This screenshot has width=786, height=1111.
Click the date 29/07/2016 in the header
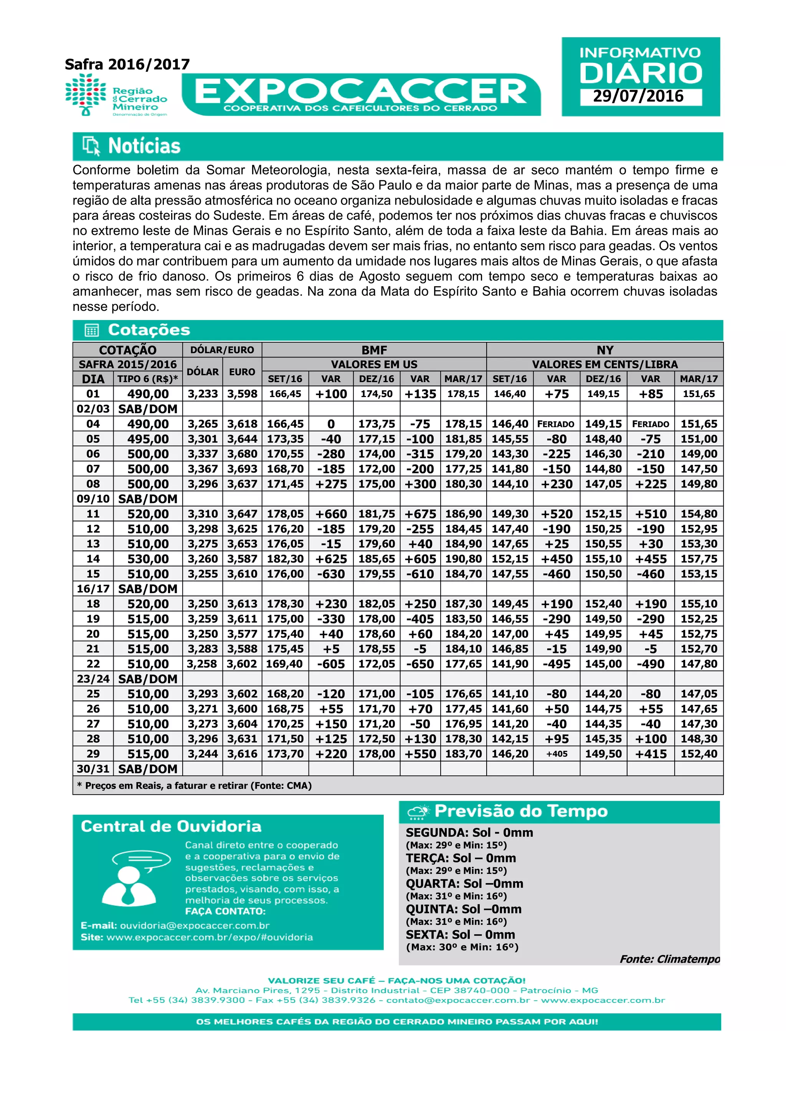coord(638,96)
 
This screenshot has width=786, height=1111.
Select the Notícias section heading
coord(144,146)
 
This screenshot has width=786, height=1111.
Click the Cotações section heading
coord(149,330)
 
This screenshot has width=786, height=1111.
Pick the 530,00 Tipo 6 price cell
coord(148,559)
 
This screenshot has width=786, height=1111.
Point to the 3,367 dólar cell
coord(203,469)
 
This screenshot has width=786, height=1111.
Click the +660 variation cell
coord(331,514)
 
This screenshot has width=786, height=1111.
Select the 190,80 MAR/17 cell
coord(463,559)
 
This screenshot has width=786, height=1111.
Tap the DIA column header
coord(93,379)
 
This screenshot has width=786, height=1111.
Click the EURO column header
coord(242,372)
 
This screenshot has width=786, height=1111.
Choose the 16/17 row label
coord(93,589)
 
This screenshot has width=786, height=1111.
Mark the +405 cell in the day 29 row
coord(556,754)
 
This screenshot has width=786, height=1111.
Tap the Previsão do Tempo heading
coord(521,811)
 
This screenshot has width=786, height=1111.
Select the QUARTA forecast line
coord(464,884)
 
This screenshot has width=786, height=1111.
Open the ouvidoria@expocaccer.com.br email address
coord(195,926)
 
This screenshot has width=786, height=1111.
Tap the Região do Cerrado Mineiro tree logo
coord(86,94)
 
